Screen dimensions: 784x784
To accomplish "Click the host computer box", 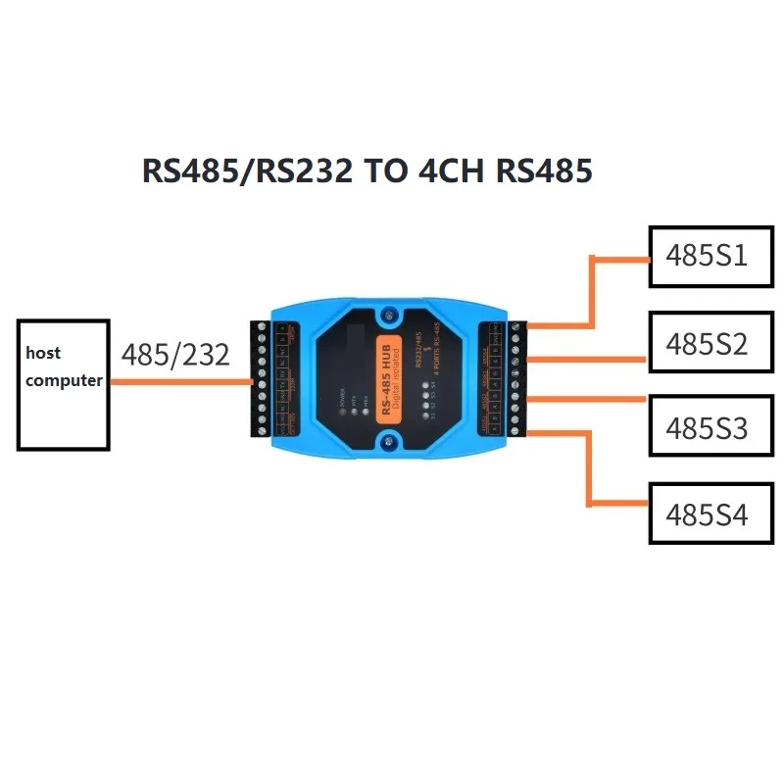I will tap(63, 383).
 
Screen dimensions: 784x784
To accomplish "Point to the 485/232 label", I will tap(175, 354).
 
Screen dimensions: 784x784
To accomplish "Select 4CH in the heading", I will tap(454, 171).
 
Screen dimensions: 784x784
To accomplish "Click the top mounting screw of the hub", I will tap(389, 316).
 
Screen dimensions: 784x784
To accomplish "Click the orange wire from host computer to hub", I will tap(181, 383).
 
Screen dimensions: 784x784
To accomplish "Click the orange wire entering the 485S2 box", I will tap(588, 360).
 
